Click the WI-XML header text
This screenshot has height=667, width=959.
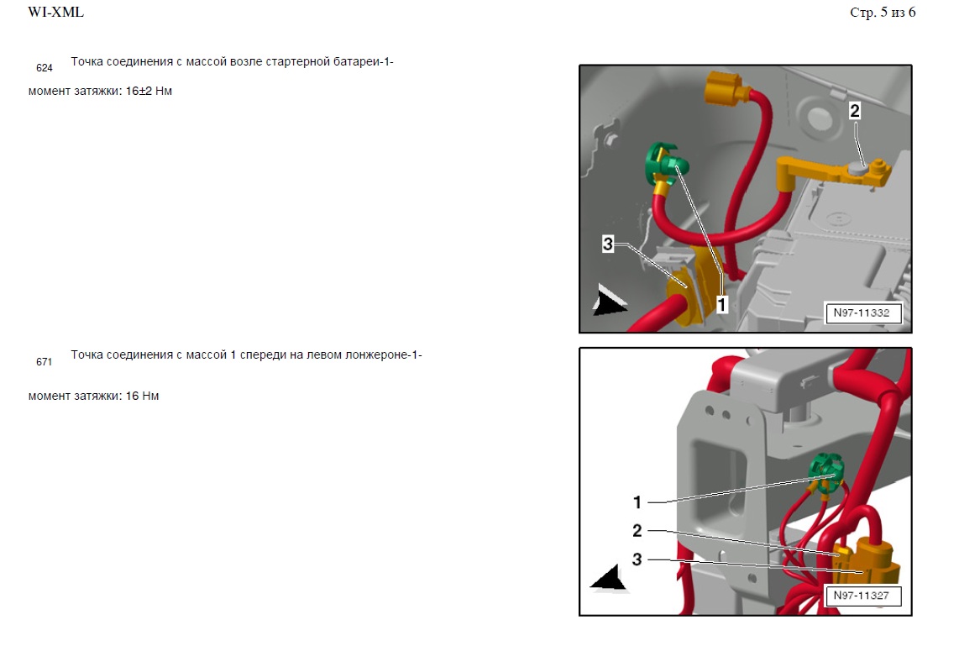[x=55, y=12]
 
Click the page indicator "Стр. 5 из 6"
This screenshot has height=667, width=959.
[x=883, y=13]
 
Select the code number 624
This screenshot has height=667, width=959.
[x=44, y=68]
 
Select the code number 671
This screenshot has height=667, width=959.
[x=44, y=362]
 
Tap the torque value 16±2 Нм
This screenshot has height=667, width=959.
[x=149, y=92]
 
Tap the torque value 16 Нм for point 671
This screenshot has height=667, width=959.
[x=142, y=396]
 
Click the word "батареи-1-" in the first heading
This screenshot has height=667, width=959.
[x=363, y=62]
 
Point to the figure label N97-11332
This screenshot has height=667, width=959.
[x=861, y=312]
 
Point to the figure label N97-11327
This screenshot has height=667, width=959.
[x=861, y=596]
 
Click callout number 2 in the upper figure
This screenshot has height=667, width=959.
[x=854, y=111]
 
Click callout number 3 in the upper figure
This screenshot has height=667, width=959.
[x=607, y=244]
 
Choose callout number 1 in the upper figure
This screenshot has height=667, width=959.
[x=721, y=304]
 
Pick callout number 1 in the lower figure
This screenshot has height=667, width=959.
[x=637, y=502]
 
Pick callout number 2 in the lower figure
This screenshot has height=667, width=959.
[x=637, y=531]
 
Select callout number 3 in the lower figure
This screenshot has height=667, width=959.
[x=637, y=559]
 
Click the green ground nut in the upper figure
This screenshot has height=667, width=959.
[x=665, y=162]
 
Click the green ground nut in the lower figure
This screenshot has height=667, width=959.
[x=826, y=470]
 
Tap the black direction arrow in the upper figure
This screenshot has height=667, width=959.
[x=608, y=301]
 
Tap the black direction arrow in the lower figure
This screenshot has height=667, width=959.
[x=609, y=578]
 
